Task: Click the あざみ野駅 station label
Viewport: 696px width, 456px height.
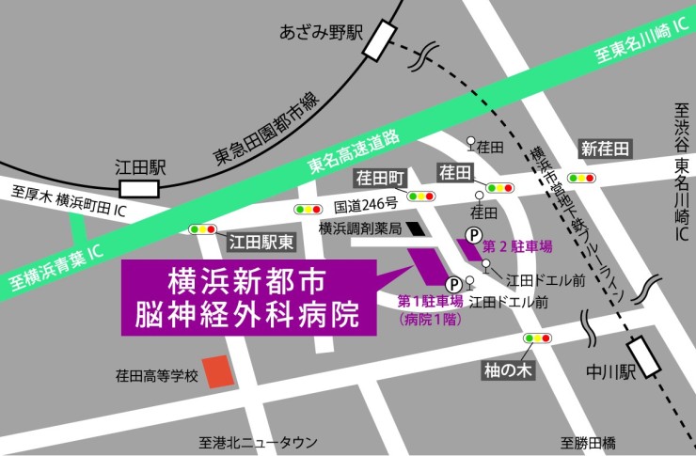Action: pyautogui.click(x=321, y=33)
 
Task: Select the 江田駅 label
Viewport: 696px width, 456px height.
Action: pyautogui.click(x=140, y=167)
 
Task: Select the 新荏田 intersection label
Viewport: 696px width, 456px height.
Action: pyautogui.click(x=604, y=149)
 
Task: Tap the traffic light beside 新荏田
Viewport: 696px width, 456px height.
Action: pyautogui.click(x=580, y=177)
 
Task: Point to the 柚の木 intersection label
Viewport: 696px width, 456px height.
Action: pyautogui.click(x=508, y=369)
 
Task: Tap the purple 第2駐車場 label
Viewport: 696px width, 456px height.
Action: pyautogui.click(x=515, y=246)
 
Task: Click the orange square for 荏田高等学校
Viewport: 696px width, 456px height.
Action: pyautogui.click(x=218, y=371)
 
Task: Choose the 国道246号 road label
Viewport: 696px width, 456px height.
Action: pyautogui.click(x=365, y=203)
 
